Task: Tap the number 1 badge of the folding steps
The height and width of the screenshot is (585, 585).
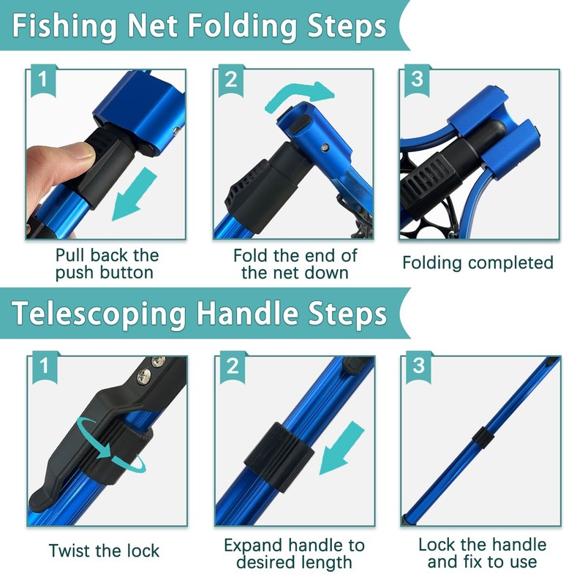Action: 43,80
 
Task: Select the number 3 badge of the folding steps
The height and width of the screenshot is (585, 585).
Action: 418,80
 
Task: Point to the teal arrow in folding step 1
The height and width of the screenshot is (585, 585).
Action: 136,193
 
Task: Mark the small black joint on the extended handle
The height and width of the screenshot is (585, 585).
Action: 480,436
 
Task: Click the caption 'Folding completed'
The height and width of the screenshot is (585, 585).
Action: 478,263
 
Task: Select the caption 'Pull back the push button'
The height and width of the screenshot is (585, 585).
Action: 107,264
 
